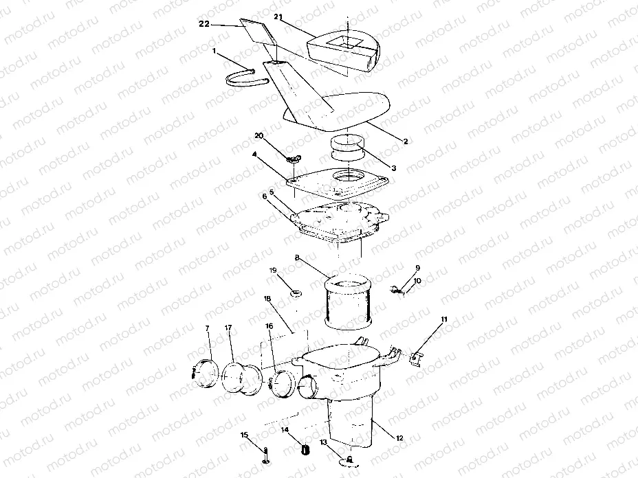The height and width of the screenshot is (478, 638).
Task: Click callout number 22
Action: pos(204,25)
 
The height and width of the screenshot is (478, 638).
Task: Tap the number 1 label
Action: pos(214,51)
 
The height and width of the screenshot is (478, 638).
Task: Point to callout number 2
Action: pos(406,141)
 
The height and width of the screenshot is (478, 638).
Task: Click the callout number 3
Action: pos(394,167)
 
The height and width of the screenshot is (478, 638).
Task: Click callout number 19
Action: pos(274,272)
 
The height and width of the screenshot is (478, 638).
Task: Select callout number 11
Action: pos(444,319)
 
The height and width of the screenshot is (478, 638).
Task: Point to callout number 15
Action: pos(244,434)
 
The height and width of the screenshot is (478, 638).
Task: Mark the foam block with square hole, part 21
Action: pos(344,49)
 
